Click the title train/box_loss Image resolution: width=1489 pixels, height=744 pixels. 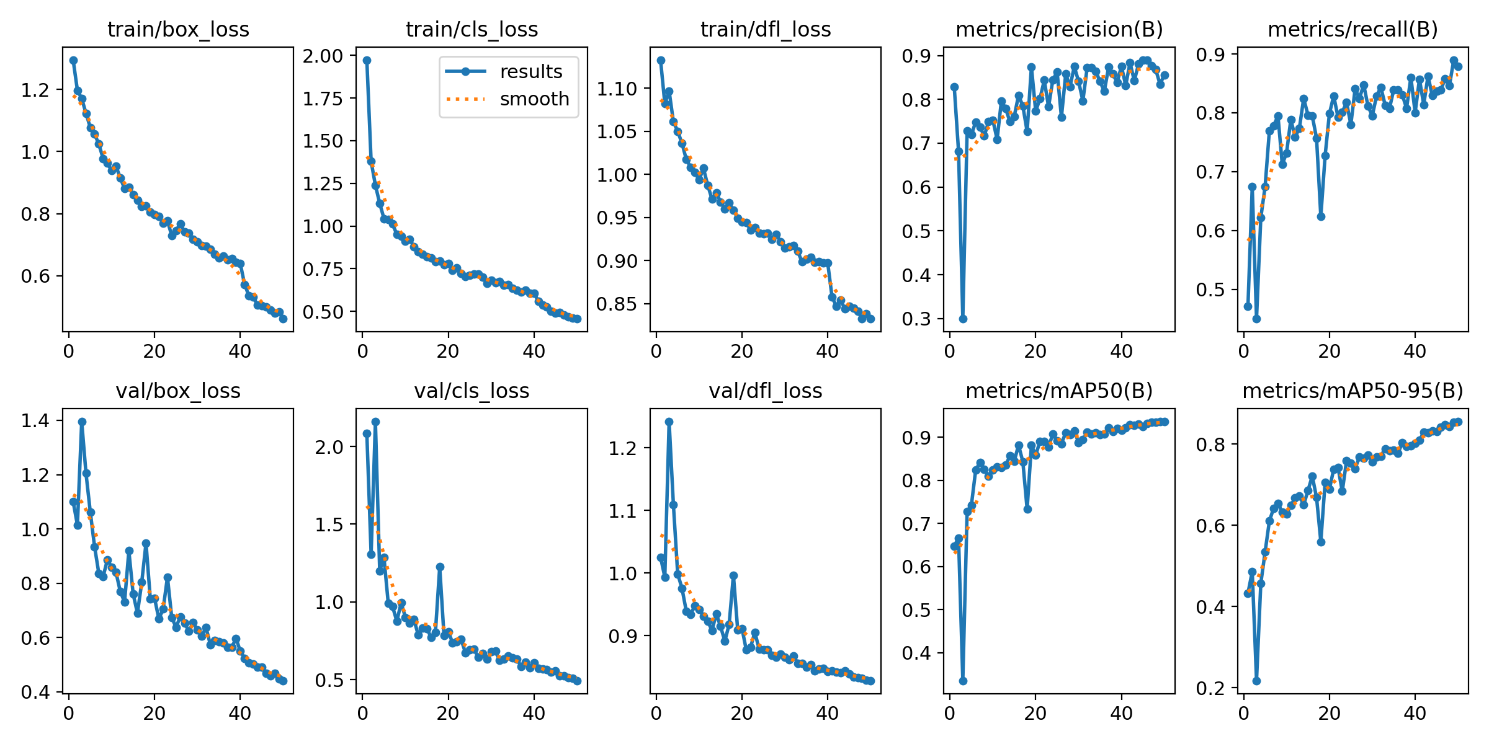pos(178,29)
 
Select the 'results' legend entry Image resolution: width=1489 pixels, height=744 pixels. pos(530,72)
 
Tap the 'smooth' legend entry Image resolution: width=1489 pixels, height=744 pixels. pos(534,99)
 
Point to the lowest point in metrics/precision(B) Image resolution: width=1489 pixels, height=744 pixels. pos(963,319)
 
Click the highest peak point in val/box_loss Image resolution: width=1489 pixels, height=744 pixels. pos(82,422)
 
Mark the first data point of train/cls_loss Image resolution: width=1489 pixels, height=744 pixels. pos(367,60)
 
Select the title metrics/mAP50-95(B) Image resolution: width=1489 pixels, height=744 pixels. pos(1353,391)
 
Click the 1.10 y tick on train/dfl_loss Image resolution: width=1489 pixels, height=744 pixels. pos(617,89)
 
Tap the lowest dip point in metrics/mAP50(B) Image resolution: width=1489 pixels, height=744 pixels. pos(963,681)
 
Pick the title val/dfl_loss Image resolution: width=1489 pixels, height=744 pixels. pos(765,391)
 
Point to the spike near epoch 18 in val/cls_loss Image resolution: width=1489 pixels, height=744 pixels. pos(440,567)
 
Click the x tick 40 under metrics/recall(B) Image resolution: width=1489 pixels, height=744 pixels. pos(1415,352)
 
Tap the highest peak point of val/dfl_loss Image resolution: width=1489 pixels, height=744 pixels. pos(669,422)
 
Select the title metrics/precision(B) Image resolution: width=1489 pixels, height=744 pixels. pos(1059,29)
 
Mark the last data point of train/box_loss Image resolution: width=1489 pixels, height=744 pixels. pos(283,319)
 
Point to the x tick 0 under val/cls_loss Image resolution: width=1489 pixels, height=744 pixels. pos(363,713)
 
